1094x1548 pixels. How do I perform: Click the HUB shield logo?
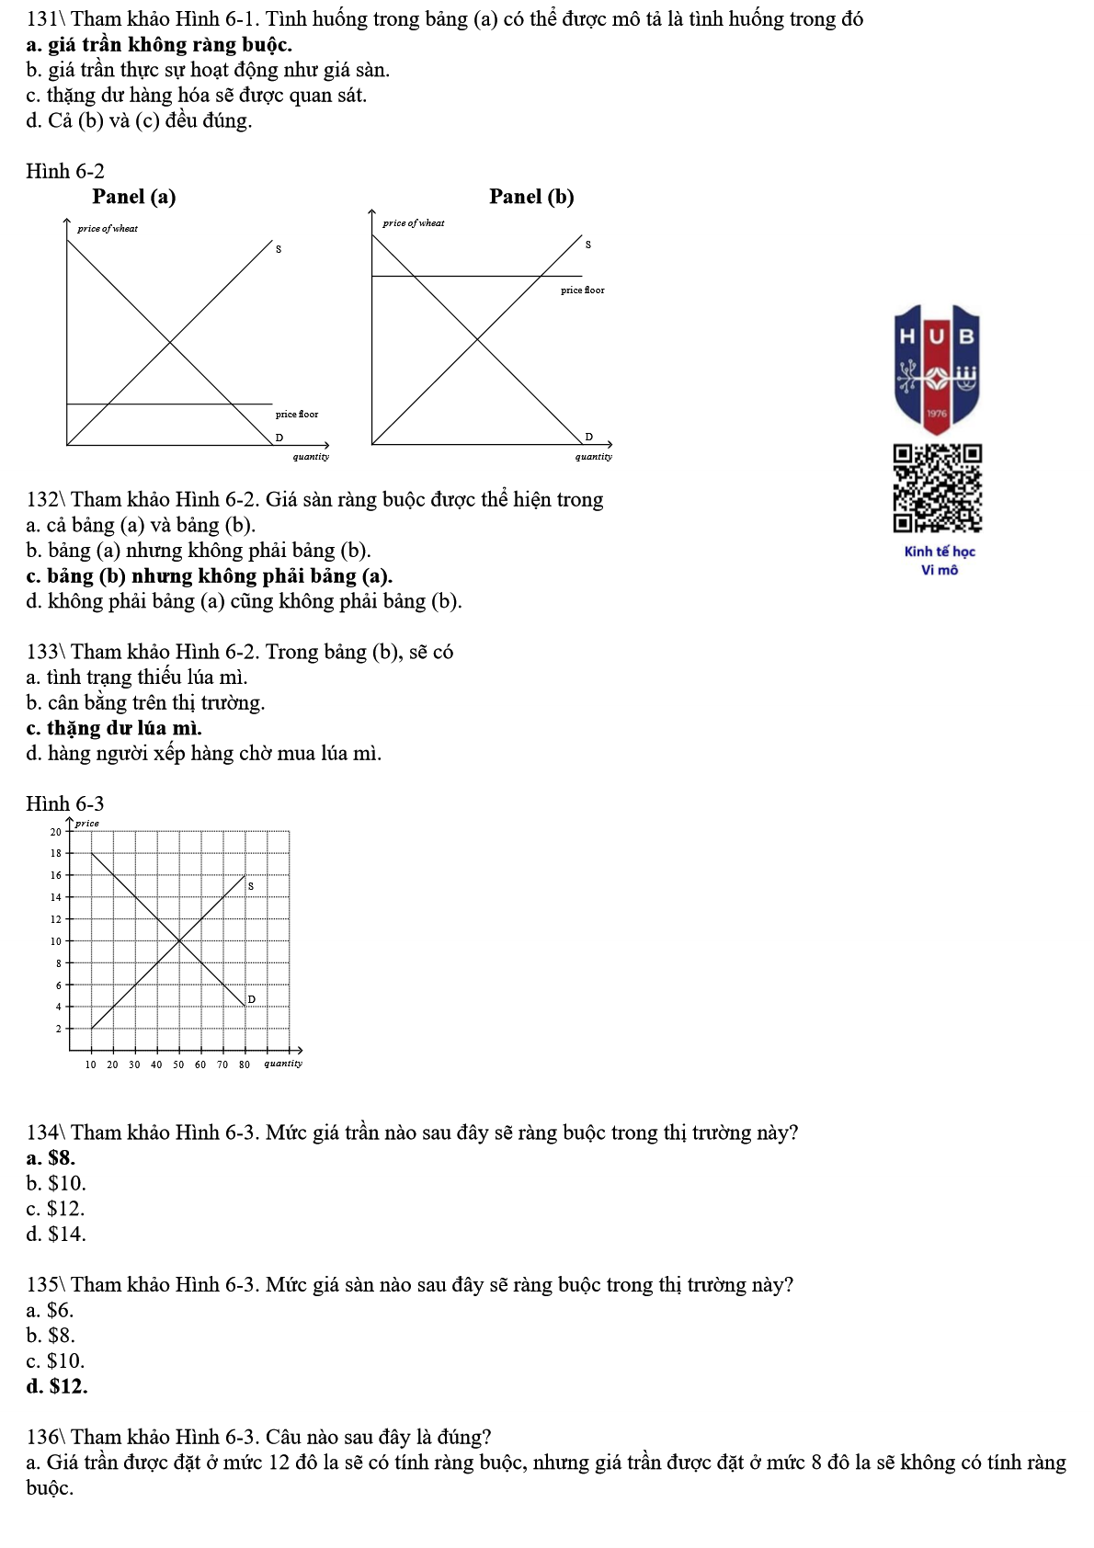click(x=937, y=369)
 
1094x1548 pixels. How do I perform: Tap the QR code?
click(x=937, y=488)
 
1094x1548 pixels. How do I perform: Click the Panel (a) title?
click(x=134, y=197)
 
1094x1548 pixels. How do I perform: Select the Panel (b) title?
click(x=531, y=197)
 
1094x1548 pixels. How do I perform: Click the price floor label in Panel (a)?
click(x=297, y=415)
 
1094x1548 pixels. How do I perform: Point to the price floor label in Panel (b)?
click(x=583, y=290)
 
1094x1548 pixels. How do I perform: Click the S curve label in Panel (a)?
click(x=279, y=249)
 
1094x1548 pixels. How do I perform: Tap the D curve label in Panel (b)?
click(x=589, y=437)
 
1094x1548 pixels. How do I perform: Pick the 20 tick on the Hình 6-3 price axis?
click(x=56, y=832)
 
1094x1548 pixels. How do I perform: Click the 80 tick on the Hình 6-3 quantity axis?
click(x=245, y=1064)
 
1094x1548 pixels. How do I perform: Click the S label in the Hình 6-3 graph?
click(x=251, y=886)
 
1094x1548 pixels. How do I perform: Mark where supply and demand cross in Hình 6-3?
click(x=178, y=940)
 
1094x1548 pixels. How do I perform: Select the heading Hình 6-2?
click(x=65, y=171)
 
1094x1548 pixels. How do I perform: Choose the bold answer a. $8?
click(x=51, y=1158)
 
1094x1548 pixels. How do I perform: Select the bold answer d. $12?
click(x=57, y=1386)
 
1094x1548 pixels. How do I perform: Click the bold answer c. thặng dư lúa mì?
click(x=114, y=728)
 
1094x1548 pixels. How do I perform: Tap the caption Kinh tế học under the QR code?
click(x=940, y=552)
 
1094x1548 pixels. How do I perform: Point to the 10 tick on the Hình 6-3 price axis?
click(x=56, y=941)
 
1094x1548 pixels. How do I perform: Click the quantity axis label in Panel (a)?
click(x=311, y=457)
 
